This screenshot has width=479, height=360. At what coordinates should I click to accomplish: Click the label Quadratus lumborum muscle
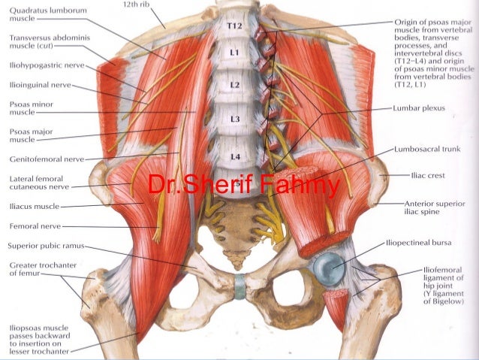click(37, 15)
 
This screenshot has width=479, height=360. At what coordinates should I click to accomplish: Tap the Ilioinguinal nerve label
click(39, 85)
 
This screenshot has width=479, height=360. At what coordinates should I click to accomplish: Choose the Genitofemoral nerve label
click(46, 159)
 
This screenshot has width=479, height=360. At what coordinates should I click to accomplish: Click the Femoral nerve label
click(35, 225)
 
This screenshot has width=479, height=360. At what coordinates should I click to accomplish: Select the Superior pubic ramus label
click(45, 245)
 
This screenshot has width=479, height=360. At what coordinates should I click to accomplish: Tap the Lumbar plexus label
click(419, 108)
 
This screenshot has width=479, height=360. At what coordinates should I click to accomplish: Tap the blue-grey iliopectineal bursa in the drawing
click(328, 266)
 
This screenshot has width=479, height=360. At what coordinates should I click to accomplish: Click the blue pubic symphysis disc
click(239, 286)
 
